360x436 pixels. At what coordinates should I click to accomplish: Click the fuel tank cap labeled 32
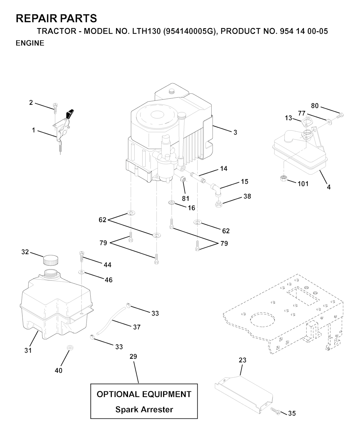[51, 260]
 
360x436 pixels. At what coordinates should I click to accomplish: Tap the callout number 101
[303, 184]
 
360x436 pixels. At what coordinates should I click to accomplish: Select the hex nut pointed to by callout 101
[283, 178]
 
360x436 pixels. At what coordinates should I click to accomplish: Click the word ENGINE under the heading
[30, 43]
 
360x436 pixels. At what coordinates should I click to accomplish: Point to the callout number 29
[133, 357]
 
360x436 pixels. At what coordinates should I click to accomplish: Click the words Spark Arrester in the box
[144, 410]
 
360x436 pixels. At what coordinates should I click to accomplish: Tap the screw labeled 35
[275, 410]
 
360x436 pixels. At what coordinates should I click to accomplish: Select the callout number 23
[243, 360]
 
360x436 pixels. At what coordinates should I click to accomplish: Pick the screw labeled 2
[55, 108]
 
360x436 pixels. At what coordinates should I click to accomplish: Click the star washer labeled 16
[172, 202]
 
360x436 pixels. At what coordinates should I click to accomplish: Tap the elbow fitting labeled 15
[216, 189]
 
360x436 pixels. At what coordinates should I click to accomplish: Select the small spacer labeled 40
[69, 348]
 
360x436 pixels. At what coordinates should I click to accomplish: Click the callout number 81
[185, 199]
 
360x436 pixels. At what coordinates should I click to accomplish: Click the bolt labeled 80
[340, 115]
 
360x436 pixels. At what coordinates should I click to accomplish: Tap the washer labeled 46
[82, 272]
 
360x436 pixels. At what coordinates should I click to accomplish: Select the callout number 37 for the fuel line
[137, 327]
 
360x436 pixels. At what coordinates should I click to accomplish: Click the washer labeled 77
[329, 122]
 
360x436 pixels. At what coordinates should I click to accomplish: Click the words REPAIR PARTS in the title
[56, 18]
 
